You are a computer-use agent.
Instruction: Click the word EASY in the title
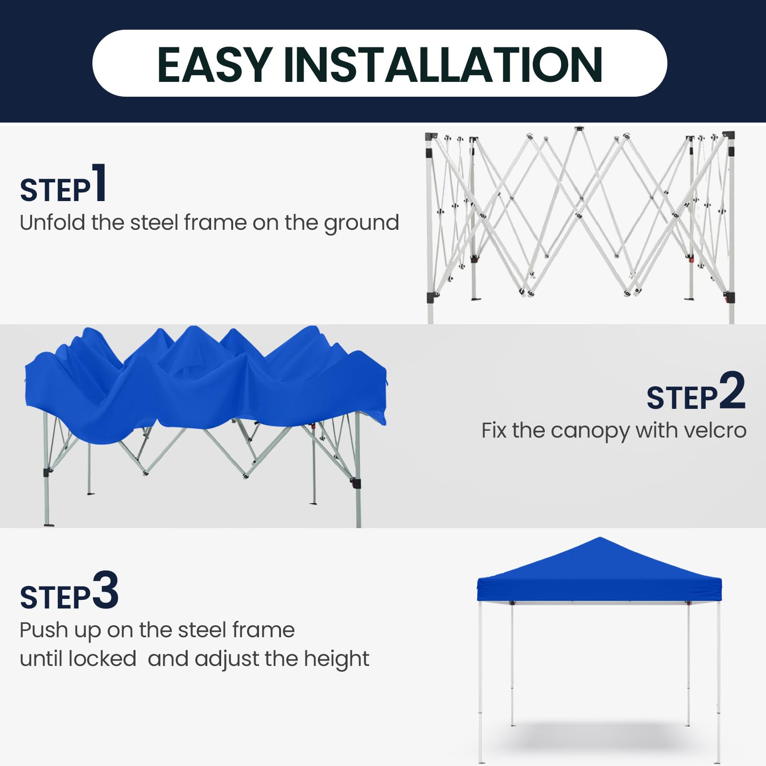(215, 65)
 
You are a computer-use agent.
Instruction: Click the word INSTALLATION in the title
(443, 65)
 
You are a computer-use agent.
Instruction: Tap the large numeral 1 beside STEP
(99, 182)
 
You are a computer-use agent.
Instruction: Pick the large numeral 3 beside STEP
(105, 590)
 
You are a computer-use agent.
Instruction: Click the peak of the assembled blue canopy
(599, 538)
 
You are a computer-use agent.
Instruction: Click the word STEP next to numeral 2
(682, 398)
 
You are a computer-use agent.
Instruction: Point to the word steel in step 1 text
(154, 223)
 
